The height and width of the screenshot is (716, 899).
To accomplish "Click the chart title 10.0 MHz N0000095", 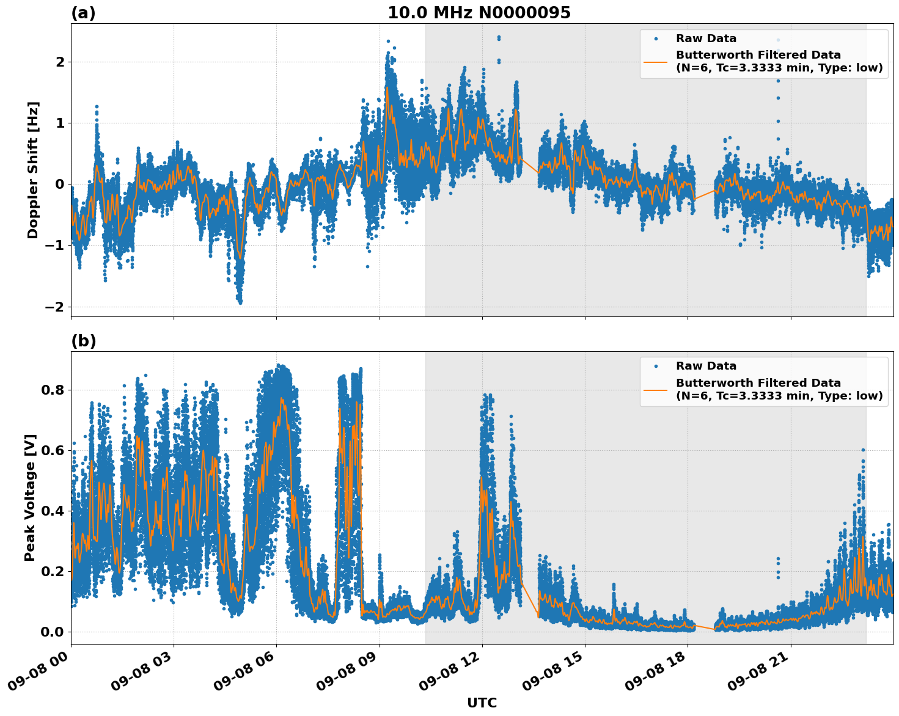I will tap(479, 13).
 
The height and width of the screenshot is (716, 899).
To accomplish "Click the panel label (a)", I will tap(83, 13).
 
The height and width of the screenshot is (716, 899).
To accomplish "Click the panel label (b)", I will tap(83, 341).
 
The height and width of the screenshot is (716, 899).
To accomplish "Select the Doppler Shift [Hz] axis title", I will tap(33, 170).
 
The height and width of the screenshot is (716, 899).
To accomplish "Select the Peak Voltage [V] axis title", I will tap(30, 497).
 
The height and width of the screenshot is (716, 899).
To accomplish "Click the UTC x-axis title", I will tap(482, 703).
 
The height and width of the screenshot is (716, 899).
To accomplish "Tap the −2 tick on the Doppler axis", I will tap(55, 307).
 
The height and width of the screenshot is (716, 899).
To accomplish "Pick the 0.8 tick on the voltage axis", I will tap(53, 390).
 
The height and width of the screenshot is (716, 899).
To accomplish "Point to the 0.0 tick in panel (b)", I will tap(53, 632).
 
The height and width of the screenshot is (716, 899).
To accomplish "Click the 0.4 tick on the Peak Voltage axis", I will tap(53, 511).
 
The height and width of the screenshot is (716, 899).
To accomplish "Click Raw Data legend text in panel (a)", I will tap(706, 38).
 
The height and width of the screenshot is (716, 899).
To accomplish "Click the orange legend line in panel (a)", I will tap(655, 62).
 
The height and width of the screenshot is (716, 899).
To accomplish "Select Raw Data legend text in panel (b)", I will tap(706, 366).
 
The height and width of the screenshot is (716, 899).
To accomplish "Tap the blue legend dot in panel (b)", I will tap(656, 366).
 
